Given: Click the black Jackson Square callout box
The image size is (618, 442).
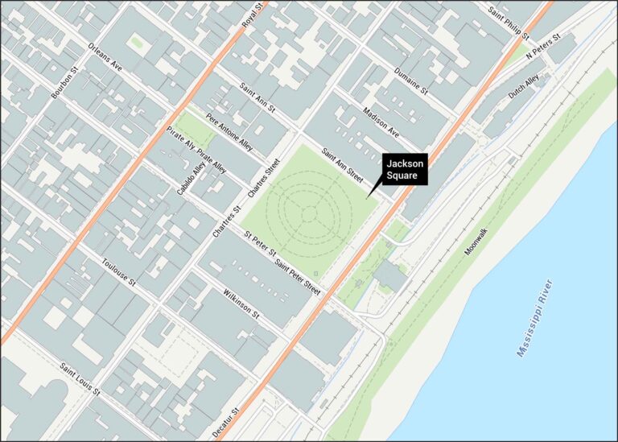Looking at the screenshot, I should tap(405, 170).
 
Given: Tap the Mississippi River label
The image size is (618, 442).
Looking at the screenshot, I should tap(535, 318).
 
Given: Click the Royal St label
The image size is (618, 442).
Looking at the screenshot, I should tap(254, 18).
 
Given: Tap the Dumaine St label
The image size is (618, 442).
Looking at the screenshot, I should tap(411, 82).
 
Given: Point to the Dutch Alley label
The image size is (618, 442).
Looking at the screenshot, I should tap(524, 87).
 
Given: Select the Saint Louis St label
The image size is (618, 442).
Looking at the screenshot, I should tap(79, 379).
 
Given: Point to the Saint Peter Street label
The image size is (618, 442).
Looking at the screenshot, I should tap(298, 276).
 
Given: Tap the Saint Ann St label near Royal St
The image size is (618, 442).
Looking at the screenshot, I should tap(258, 97).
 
